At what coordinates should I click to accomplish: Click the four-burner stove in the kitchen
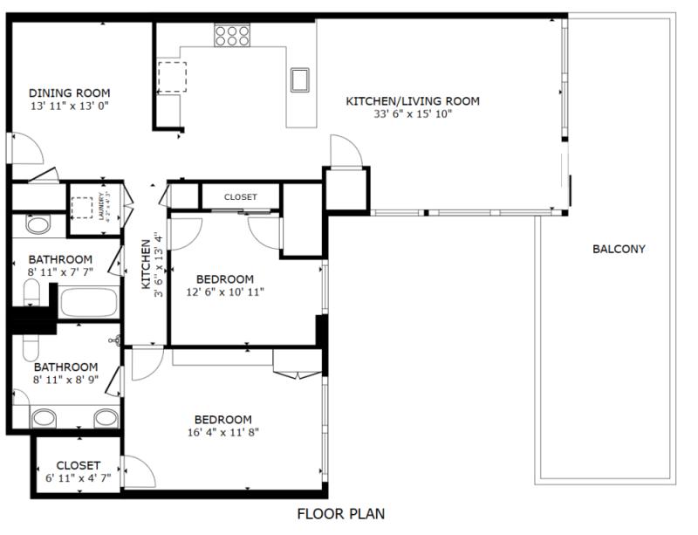tap(233, 34)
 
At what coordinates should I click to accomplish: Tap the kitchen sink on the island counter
tap(301, 79)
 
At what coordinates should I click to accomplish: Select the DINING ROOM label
tap(69, 93)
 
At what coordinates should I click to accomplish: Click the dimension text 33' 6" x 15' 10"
tap(413, 113)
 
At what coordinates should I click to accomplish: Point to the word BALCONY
tap(619, 249)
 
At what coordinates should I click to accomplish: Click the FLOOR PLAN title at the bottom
tap(340, 513)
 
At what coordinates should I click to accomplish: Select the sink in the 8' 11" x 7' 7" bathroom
tap(38, 226)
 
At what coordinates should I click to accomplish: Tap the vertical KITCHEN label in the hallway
tap(147, 265)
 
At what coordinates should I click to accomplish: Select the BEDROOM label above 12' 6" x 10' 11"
tap(224, 279)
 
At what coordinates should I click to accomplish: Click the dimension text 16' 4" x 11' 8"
tap(223, 431)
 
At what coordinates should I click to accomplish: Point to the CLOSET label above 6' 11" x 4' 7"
tap(79, 465)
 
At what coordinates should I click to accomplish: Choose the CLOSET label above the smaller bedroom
tap(240, 197)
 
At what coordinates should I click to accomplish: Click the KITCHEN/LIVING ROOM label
tap(413, 101)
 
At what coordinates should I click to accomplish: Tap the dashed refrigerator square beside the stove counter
tap(171, 77)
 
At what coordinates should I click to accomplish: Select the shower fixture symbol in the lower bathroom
tap(114, 341)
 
